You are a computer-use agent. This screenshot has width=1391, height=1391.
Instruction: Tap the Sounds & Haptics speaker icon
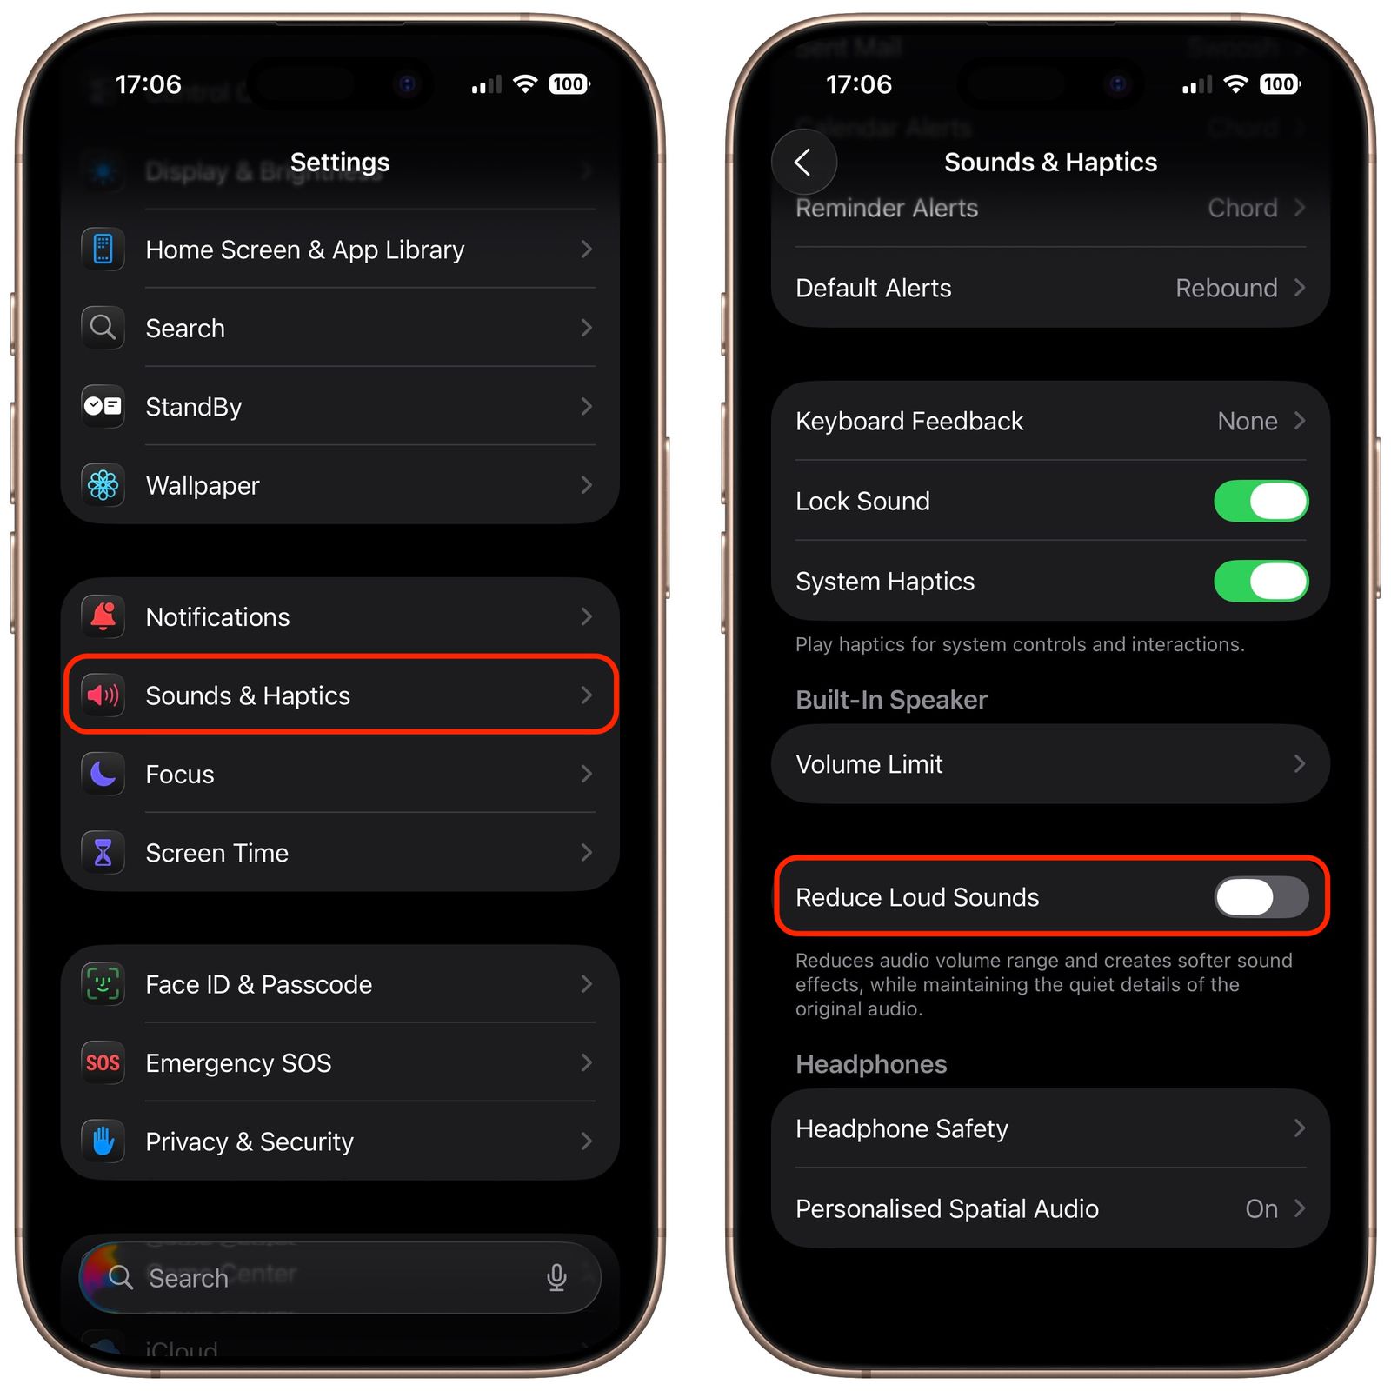click(103, 695)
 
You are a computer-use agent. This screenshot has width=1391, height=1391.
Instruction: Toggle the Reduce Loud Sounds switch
click(1261, 897)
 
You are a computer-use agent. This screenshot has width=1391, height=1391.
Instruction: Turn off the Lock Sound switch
click(1261, 502)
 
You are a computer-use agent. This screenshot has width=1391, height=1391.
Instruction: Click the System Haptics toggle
click(1261, 582)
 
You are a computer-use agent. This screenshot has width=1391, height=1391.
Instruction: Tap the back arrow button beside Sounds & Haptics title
click(803, 162)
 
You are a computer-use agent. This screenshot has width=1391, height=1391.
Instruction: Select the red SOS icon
click(103, 1062)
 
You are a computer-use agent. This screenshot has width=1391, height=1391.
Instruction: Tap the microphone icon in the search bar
click(556, 1277)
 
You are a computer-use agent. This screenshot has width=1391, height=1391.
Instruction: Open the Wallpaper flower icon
click(103, 485)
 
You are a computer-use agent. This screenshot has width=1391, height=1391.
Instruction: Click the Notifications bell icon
click(103, 616)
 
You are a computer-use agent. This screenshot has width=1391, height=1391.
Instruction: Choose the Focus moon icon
click(103, 774)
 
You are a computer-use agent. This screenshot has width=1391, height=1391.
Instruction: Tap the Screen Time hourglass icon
click(103, 853)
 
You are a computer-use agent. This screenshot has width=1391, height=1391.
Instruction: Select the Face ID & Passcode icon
click(103, 984)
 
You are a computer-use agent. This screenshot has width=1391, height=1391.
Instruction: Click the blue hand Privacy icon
click(103, 1141)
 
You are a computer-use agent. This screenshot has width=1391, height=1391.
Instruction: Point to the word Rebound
click(1226, 288)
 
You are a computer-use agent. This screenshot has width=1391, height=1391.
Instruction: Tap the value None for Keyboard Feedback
click(1247, 422)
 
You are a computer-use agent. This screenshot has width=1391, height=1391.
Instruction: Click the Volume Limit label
click(869, 764)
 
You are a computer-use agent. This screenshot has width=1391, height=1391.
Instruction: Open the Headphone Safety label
click(902, 1128)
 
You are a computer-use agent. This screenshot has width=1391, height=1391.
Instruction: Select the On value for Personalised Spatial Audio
click(1261, 1208)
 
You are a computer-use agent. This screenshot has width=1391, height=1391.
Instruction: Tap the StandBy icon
click(103, 406)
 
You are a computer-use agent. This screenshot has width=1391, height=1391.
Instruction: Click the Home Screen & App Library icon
click(103, 250)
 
